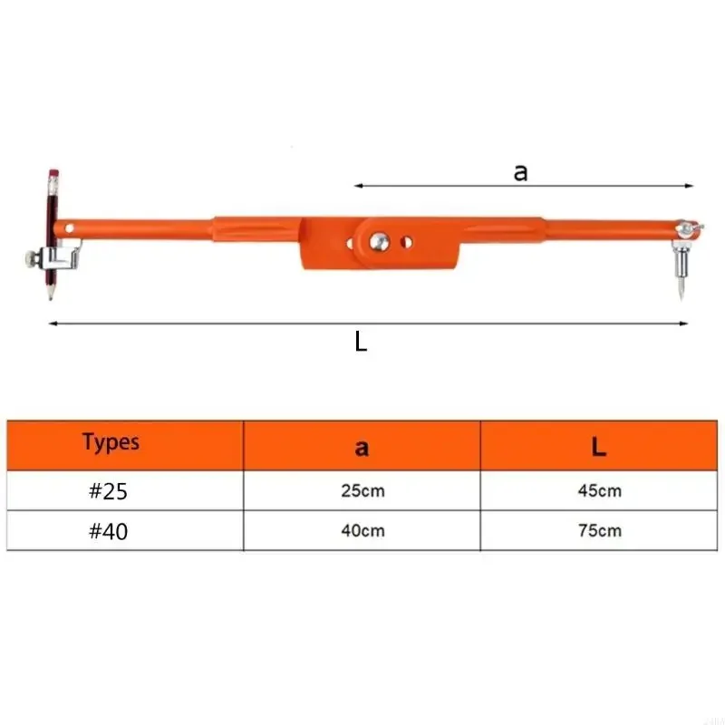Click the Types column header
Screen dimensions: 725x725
[111, 442]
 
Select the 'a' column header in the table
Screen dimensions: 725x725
[362, 448]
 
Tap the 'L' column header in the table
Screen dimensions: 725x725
[599, 447]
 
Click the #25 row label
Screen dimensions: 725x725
[108, 491]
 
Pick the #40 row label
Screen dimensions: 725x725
[108, 531]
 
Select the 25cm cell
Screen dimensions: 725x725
[363, 490]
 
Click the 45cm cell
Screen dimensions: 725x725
[600, 490]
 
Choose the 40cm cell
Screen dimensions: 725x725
[363, 530]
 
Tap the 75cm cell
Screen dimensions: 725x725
[600, 530]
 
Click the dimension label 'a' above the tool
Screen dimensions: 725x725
[520, 173]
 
